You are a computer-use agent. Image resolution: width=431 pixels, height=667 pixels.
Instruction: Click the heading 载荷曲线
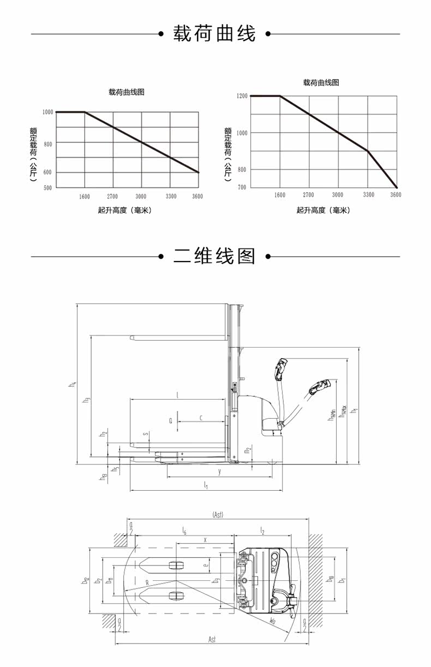[214, 34]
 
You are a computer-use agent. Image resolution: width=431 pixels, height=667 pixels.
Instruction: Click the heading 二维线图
[214, 255]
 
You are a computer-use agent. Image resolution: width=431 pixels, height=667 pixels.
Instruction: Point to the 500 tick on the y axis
[47, 188]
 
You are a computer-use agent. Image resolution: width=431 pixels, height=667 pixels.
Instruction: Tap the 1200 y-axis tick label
[242, 96]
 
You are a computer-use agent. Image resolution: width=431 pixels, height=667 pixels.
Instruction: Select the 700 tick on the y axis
[242, 188]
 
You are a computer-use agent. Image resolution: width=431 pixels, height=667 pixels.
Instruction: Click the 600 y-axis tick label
[47, 172]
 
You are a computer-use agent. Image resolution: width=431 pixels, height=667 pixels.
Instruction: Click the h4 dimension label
[72, 384]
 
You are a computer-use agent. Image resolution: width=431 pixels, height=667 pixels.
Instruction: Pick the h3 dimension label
[86, 401]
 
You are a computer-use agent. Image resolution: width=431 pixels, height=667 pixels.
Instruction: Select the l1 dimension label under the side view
[206, 485]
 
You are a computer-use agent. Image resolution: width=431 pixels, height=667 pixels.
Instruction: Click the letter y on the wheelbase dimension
[219, 471]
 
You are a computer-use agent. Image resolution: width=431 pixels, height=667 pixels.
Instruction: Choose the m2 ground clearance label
[247, 451]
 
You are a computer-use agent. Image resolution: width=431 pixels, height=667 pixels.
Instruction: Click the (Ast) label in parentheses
[217, 514]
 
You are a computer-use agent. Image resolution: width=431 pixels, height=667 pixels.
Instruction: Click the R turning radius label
[147, 582]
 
